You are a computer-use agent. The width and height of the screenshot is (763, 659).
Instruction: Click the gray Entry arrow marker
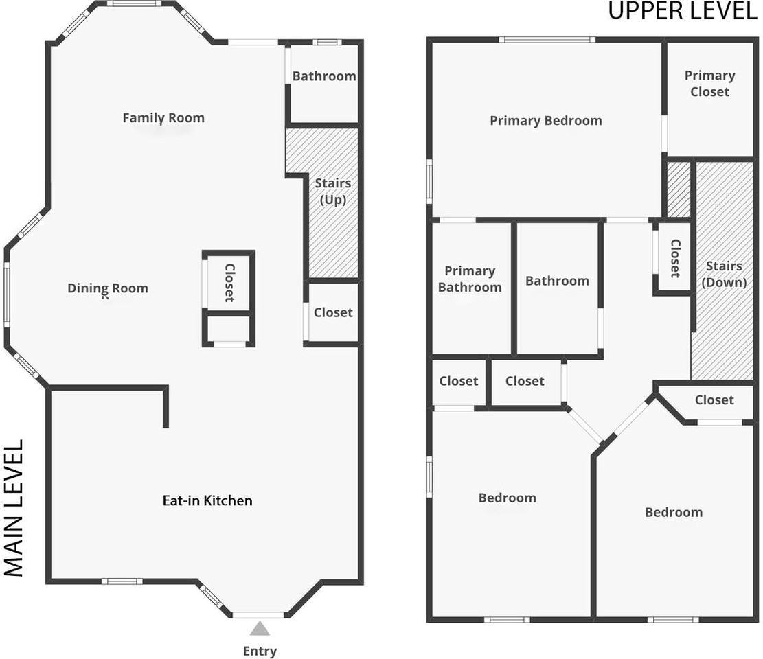[260, 628]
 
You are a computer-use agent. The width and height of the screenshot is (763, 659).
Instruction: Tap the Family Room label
[163, 117]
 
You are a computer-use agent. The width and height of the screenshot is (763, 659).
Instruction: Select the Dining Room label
[108, 288]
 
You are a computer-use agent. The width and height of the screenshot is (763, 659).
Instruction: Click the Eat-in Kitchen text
[207, 500]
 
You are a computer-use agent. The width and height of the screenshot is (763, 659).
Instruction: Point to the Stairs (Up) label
[333, 191]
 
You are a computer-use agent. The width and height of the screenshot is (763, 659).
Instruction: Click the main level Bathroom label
[324, 76]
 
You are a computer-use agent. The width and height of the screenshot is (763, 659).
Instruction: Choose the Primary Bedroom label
[545, 121]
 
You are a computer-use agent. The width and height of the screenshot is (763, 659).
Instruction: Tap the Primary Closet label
[709, 84]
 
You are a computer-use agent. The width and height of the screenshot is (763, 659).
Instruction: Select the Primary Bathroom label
[470, 279]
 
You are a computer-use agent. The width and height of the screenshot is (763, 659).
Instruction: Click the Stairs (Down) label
[724, 274]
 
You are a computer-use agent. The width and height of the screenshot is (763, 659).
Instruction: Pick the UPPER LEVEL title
[683, 11]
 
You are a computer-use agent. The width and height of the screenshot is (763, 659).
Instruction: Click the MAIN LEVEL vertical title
[14, 508]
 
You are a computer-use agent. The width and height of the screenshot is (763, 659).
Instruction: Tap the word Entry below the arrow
[260, 651]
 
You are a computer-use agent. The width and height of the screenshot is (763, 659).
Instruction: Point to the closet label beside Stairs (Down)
[675, 258]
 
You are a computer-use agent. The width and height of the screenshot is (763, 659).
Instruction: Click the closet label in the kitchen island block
[229, 283]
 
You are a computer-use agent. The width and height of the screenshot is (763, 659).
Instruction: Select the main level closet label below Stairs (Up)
[333, 312]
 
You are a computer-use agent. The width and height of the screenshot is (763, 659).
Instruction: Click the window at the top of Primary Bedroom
[547, 39]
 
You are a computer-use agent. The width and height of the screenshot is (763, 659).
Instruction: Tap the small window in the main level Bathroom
[330, 42]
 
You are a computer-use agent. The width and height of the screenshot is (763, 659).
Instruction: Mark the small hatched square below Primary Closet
[679, 189]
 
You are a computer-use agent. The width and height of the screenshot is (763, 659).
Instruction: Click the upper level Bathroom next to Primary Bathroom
[557, 281]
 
